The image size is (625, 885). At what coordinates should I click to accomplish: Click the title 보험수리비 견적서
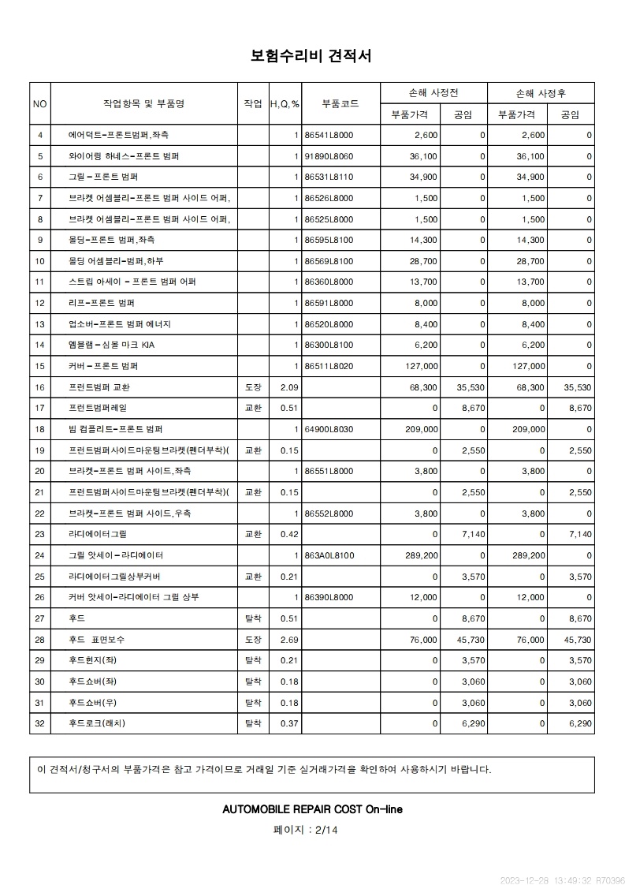tap(311, 56)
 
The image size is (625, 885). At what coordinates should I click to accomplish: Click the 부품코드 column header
tap(340, 103)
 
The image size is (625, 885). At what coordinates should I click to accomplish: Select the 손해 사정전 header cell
tap(433, 93)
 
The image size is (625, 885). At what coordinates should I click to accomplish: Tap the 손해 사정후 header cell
tap(541, 93)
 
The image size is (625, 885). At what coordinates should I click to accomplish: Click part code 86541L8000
tap(329, 136)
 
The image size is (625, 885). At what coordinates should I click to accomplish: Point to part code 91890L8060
tap(329, 156)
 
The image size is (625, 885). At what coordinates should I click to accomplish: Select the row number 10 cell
tap(39, 261)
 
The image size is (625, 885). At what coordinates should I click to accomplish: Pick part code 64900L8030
tap(329, 429)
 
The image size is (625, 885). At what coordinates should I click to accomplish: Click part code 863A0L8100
tap(329, 555)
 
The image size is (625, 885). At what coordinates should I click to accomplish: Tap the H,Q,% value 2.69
tap(288, 639)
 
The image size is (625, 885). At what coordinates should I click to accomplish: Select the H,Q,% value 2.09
tap(288, 387)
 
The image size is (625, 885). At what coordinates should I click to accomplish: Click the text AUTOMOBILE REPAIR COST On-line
tap(313, 809)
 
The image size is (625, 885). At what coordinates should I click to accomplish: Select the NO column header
tap(39, 103)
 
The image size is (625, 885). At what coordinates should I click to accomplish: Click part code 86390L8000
tap(329, 597)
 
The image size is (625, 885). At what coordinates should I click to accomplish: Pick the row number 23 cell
tap(39, 534)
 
